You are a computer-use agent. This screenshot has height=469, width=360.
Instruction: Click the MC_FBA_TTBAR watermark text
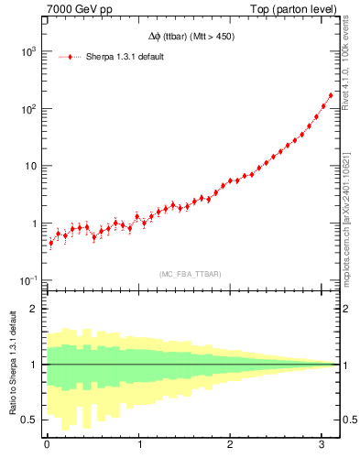(x=190, y=274)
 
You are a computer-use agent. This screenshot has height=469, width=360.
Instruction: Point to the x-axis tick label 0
(x=47, y=446)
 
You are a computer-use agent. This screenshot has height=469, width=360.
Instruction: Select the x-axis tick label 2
(x=230, y=446)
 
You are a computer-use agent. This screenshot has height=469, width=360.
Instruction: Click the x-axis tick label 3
(x=322, y=446)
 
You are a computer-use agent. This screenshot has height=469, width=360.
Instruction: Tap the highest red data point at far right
(x=331, y=95)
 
